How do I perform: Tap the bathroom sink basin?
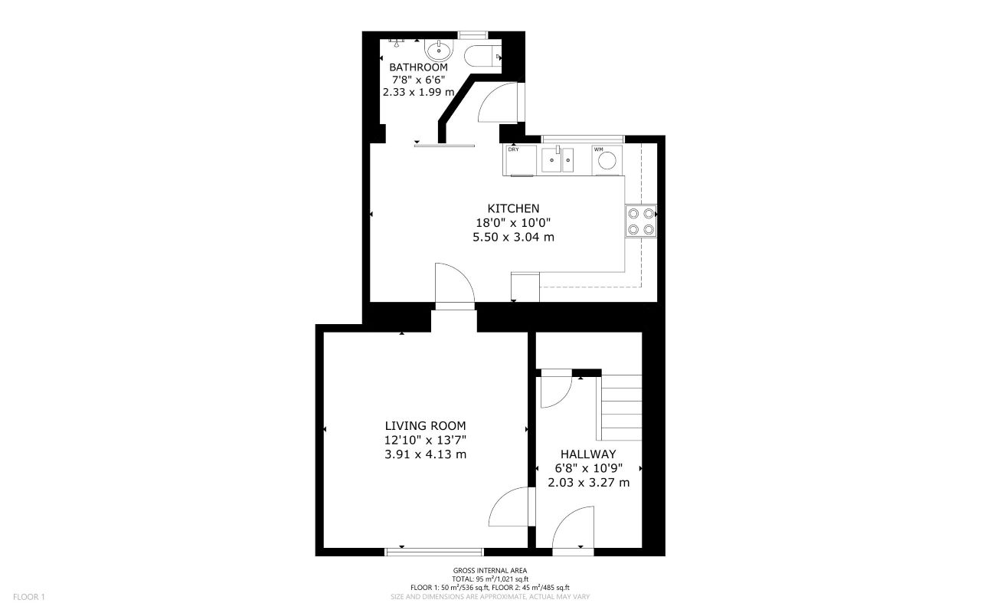pyautogui.click(x=439, y=51)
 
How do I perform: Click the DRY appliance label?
pyautogui.click(x=513, y=149)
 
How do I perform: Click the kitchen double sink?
pyautogui.click(x=558, y=160)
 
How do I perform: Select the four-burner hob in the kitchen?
pyautogui.click(x=640, y=221)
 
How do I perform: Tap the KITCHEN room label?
pyautogui.click(x=513, y=208)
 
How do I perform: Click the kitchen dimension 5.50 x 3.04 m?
pyautogui.click(x=513, y=238)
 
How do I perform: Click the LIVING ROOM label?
pyautogui.click(x=425, y=426)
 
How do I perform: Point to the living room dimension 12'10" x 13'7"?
pyautogui.click(x=425, y=440)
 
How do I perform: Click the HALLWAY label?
pyautogui.click(x=588, y=454)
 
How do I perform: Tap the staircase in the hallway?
pyautogui.click(x=620, y=407)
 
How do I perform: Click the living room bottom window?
pyautogui.click(x=434, y=551)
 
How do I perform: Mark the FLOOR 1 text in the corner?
pyautogui.click(x=29, y=596)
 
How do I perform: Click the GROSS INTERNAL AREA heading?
pyautogui.click(x=489, y=571)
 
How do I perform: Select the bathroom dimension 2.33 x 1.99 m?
pyautogui.click(x=418, y=92)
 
